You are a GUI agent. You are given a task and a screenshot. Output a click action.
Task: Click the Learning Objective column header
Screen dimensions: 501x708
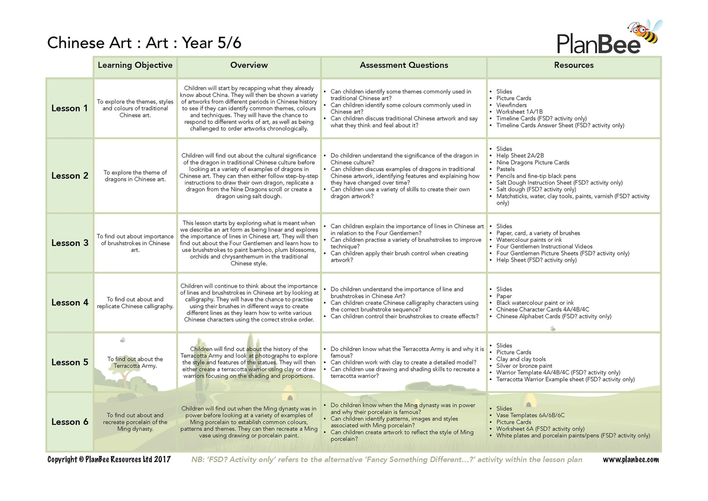point(135,65)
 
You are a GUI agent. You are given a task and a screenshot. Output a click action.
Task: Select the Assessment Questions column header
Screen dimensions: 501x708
point(404,65)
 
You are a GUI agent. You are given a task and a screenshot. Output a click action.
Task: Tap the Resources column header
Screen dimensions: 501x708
point(573,65)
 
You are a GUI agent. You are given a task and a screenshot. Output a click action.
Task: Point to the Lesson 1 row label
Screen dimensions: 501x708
point(69,108)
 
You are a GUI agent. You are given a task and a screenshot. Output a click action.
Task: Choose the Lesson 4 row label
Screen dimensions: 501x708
point(69,303)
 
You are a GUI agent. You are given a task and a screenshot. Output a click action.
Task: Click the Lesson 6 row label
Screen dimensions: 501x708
point(69,422)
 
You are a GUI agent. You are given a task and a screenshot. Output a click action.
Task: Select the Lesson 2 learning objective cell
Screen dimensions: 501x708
point(135,176)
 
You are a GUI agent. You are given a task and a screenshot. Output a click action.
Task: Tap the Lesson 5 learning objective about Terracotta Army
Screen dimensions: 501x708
point(135,362)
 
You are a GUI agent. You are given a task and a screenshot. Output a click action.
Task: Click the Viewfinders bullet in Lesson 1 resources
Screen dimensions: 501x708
point(511,105)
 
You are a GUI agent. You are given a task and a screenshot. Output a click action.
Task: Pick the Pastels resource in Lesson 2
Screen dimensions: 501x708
point(506,169)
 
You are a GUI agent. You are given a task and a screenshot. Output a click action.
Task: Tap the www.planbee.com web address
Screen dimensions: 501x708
point(631,459)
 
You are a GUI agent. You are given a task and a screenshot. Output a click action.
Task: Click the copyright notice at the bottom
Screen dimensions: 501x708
point(109,459)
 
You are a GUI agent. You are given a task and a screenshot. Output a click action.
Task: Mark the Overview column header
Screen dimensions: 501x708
point(249,65)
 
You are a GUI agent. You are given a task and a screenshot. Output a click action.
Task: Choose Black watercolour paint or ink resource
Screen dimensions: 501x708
point(535,303)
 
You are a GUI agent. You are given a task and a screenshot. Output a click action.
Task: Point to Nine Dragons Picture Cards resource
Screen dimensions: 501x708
point(532,162)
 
